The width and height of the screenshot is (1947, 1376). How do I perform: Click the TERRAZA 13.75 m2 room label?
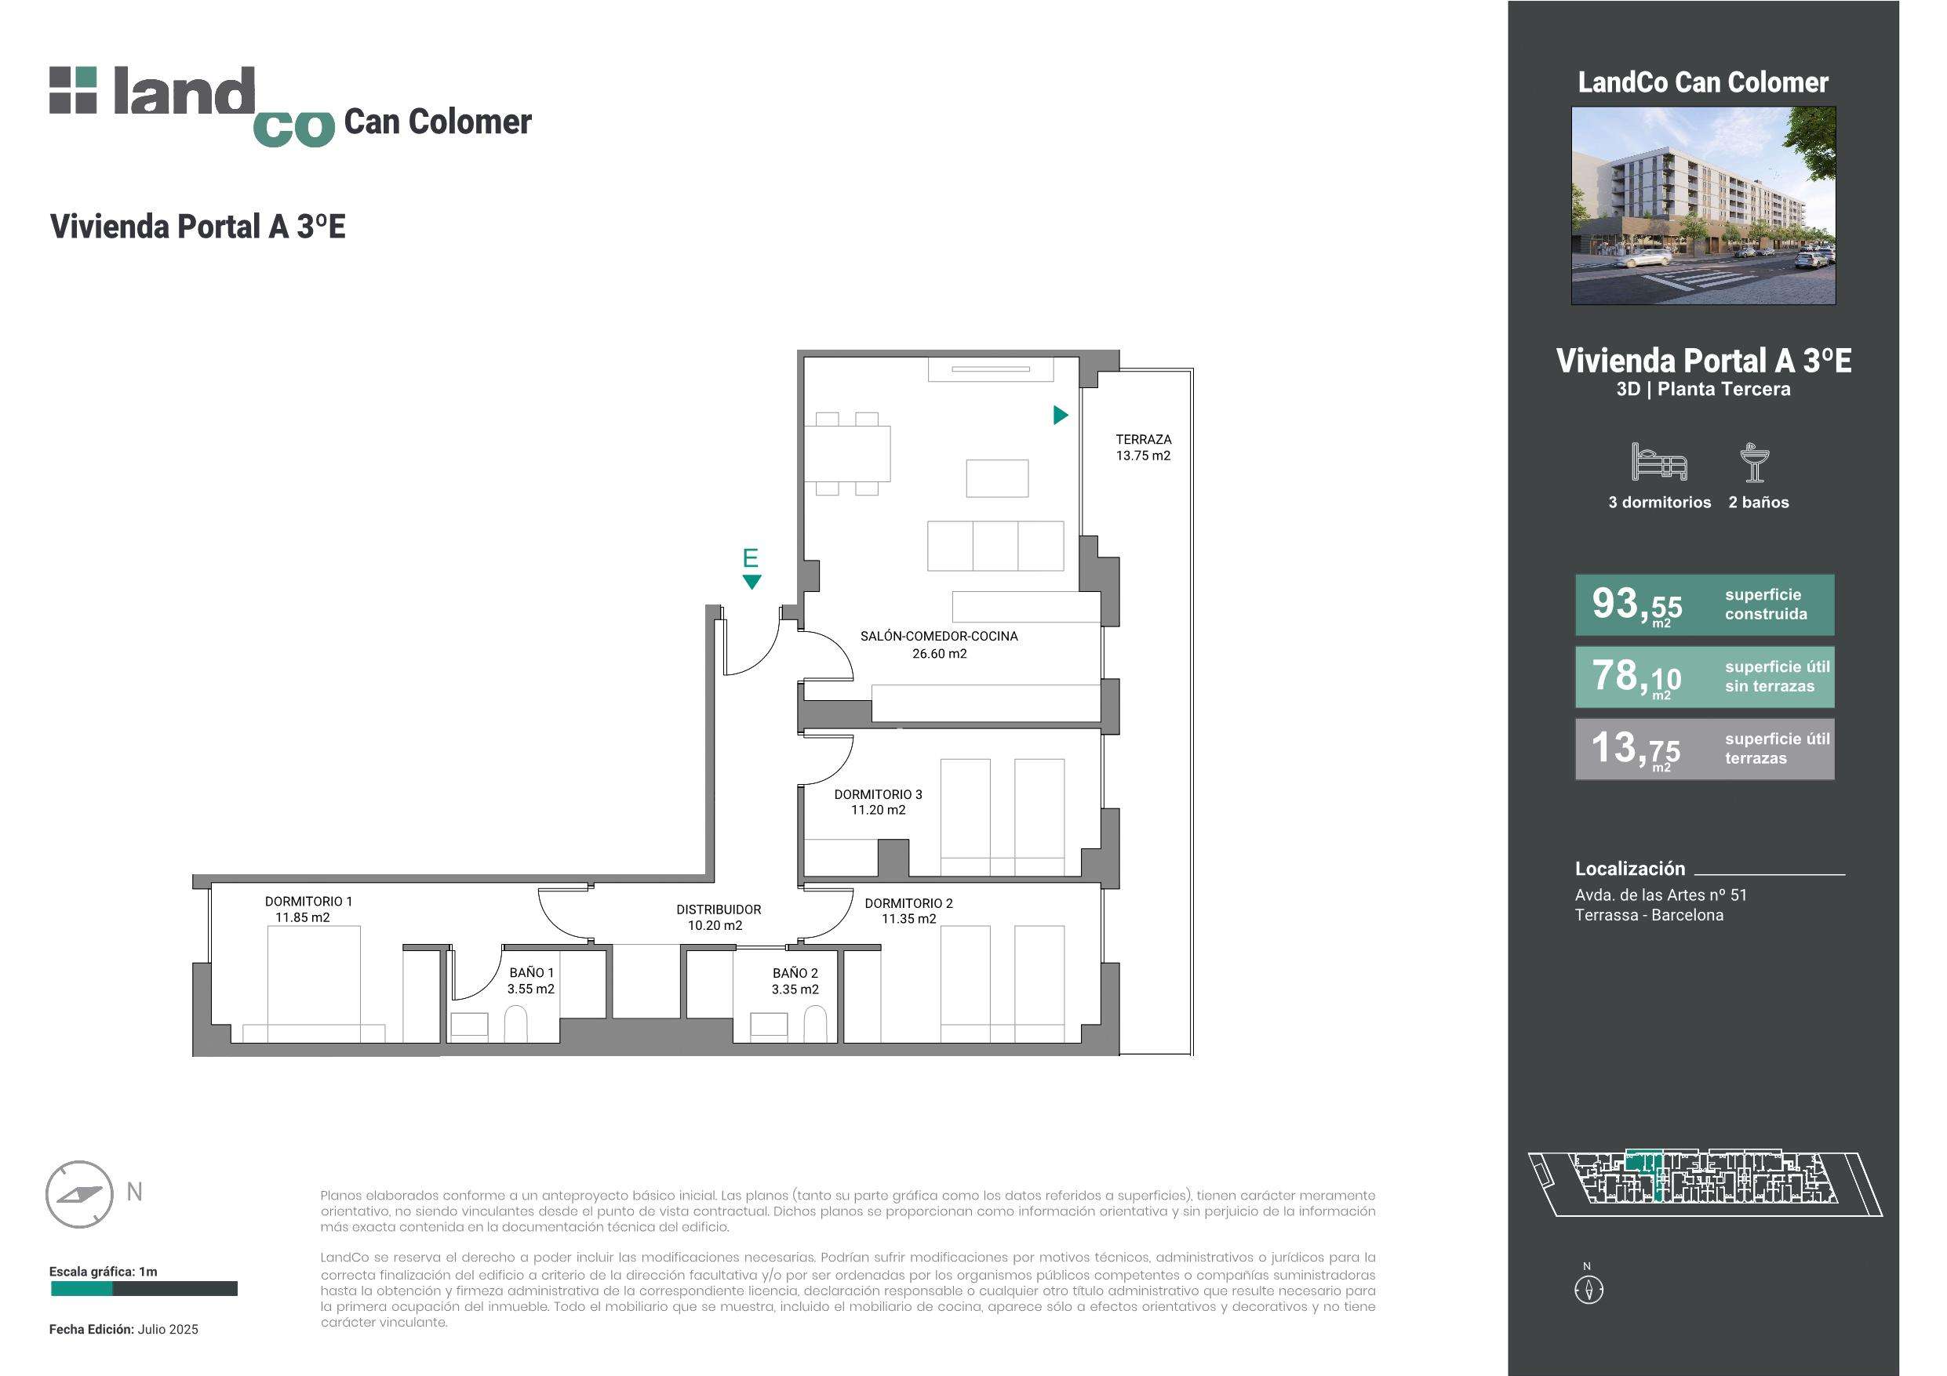click(1143, 448)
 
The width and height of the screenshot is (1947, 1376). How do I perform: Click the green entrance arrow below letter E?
click(752, 582)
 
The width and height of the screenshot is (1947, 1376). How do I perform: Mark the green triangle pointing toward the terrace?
click(1060, 415)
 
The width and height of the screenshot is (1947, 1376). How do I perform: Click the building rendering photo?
click(1703, 205)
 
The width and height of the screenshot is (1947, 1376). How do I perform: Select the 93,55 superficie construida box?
click(1705, 605)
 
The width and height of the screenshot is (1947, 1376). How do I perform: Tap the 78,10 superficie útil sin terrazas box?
click(1705, 677)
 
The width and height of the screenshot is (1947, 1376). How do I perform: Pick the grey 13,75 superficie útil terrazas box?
click(1705, 750)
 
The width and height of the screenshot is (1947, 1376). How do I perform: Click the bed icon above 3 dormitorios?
click(1658, 462)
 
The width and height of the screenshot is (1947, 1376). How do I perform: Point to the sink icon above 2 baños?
click(1754, 462)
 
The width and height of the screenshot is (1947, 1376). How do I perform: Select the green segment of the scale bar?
click(82, 1289)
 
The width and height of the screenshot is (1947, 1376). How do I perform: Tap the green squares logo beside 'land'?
click(73, 90)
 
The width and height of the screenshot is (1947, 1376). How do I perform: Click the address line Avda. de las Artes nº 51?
click(1661, 895)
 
